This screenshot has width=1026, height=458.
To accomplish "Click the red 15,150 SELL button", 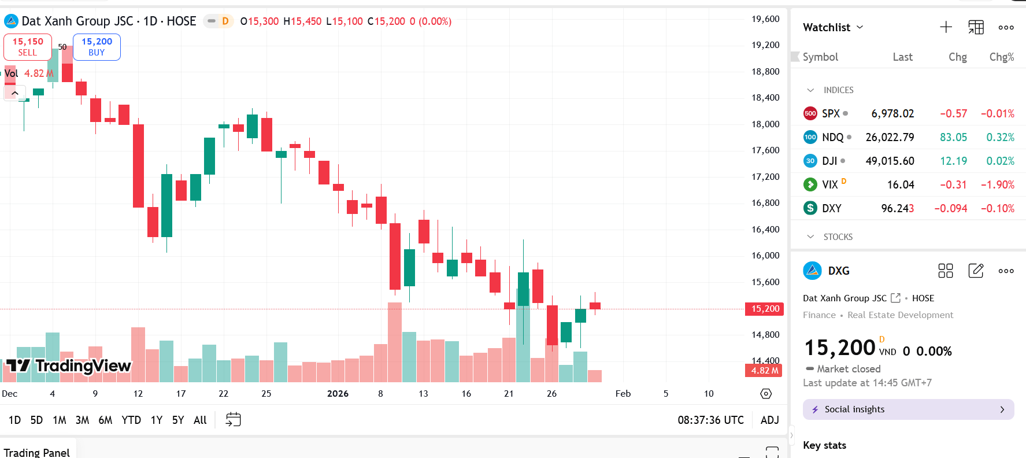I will pos(27,47).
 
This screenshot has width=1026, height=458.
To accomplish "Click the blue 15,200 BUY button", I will pos(97,47).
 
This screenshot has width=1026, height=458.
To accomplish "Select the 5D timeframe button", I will pos(36,420).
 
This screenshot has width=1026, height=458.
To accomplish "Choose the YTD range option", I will pos(131,420).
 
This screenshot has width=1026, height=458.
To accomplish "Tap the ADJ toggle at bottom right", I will pos(769,420).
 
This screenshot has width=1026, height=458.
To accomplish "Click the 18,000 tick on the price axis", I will pos(765,124).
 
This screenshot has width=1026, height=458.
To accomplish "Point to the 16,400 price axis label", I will pos(765,230).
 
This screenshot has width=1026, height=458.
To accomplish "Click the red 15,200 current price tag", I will pos(765,309).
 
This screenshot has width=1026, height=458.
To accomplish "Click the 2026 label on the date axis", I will pos(338,394).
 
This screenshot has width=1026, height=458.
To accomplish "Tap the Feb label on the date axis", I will pos(623,394).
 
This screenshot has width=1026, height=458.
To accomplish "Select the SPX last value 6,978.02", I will pos(892,114).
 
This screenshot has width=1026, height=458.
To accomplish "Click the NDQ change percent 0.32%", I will pos(1000,138).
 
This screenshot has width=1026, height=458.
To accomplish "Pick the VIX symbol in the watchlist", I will pos(829,185).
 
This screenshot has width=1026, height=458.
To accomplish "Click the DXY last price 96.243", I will pos(897,209).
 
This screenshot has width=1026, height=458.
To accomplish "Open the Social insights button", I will pos(908,409).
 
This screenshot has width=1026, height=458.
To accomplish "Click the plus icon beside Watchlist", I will pos(946,27).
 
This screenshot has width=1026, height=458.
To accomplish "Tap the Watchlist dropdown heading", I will pos(832,27).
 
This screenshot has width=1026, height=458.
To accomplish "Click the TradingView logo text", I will pos(83,366).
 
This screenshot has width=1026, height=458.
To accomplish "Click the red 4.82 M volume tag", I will pos(764,371).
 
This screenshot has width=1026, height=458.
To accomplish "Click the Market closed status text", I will pos(848,369).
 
